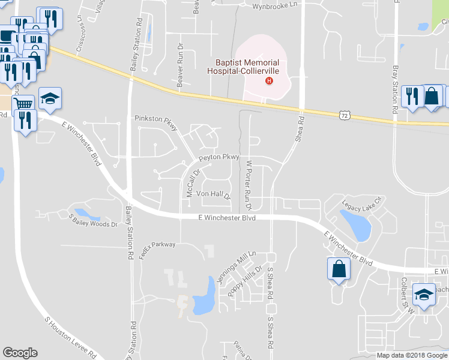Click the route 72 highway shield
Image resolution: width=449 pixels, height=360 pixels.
coord(343,114)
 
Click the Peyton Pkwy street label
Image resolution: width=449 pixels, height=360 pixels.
coord(219,157)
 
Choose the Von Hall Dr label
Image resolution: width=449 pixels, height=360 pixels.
coord(213,194)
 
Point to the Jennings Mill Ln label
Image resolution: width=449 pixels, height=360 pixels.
coord(236,265)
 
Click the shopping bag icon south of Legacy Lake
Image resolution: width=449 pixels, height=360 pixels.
coord(339,268)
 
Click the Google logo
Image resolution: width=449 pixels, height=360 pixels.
coord(20,353)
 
